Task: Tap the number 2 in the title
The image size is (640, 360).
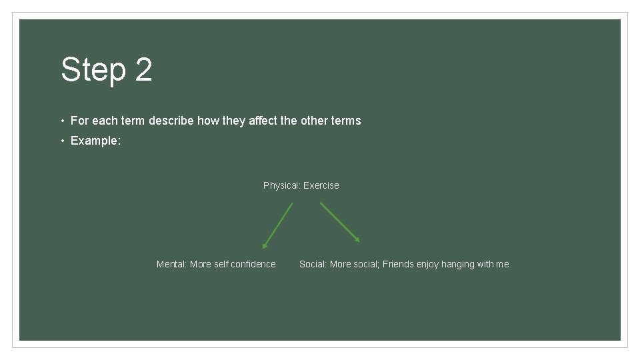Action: [x=143, y=70]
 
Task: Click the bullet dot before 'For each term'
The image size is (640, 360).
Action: [x=62, y=121]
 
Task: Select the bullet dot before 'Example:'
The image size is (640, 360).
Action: [x=62, y=141]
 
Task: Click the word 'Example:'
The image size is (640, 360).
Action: [x=95, y=141]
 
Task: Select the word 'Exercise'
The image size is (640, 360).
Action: [x=321, y=185]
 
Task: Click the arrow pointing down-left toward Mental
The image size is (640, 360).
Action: [x=278, y=225]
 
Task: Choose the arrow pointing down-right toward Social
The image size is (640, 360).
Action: [x=340, y=222]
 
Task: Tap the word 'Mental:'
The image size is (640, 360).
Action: [x=171, y=264]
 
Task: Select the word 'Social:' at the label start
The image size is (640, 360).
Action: [x=313, y=264]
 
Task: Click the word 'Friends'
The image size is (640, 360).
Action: [x=399, y=264]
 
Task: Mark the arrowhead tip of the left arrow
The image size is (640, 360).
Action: [x=263, y=248]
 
